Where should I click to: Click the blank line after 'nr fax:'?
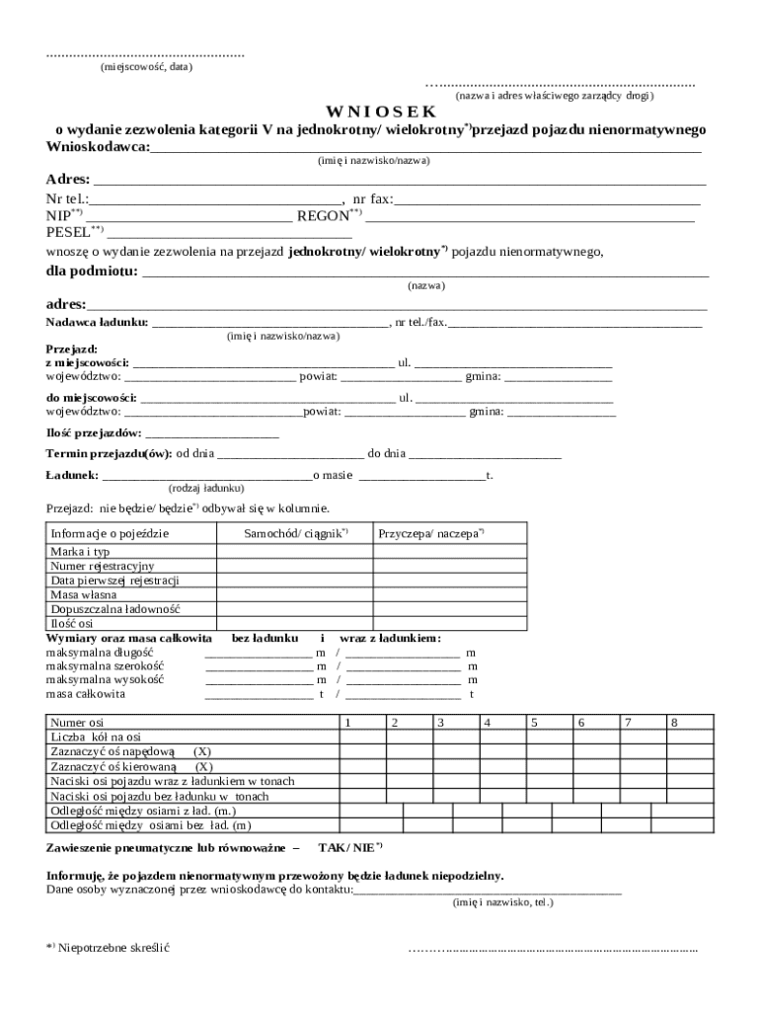click(547, 200)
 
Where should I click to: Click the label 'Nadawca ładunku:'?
click(97, 322)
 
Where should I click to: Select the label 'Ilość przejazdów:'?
click(94, 433)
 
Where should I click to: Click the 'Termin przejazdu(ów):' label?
click(110, 454)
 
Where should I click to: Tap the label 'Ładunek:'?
click(71, 475)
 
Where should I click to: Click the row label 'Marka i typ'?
click(80, 552)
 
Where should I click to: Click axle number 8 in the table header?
click(674, 724)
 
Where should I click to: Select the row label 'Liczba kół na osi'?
click(96, 738)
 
